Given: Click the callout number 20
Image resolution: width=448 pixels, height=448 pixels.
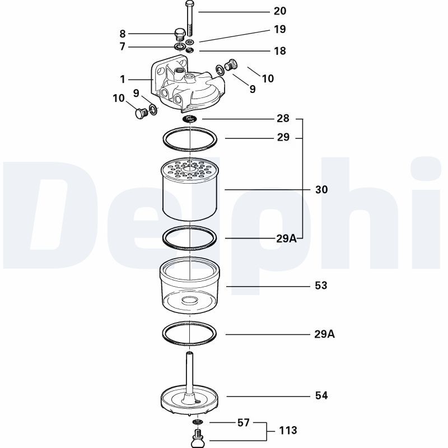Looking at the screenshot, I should tap(279, 11).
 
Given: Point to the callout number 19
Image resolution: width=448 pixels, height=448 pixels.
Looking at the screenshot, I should tap(279, 29).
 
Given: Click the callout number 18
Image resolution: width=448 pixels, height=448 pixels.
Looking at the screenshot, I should tap(279, 51).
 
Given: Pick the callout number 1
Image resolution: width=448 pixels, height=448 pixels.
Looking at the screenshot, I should tap(123, 80).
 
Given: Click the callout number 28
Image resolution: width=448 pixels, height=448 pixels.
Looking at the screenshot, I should tap(283, 119).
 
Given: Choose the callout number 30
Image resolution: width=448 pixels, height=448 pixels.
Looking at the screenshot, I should tap(321, 190).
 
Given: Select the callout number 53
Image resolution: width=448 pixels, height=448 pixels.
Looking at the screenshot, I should tap(321, 286).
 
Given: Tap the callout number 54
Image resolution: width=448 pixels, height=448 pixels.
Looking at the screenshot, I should tap(321, 396).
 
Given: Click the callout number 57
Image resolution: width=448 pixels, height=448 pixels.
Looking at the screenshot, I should tap(243, 423).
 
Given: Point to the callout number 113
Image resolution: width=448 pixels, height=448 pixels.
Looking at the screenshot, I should tap(288, 431).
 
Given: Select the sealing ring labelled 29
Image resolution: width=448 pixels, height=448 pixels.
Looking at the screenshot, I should tap(190, 139).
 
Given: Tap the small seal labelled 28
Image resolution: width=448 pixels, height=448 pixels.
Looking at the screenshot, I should tap(190, 119).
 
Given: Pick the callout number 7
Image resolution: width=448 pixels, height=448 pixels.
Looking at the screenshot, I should tap(123, 47).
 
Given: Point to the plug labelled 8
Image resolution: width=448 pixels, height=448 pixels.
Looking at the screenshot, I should tap(180, 34).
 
